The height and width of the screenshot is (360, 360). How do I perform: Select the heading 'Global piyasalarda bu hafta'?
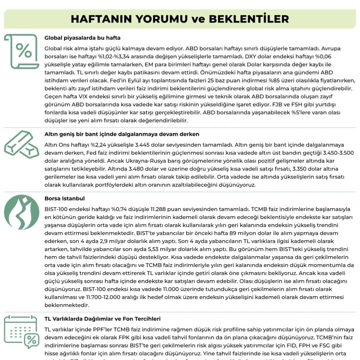coord(83,38)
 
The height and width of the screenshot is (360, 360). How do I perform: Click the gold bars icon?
coord(21,145)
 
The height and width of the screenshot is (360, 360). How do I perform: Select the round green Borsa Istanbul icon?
coord(21,212)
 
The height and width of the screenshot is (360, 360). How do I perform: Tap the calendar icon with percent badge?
coord(22,332)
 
